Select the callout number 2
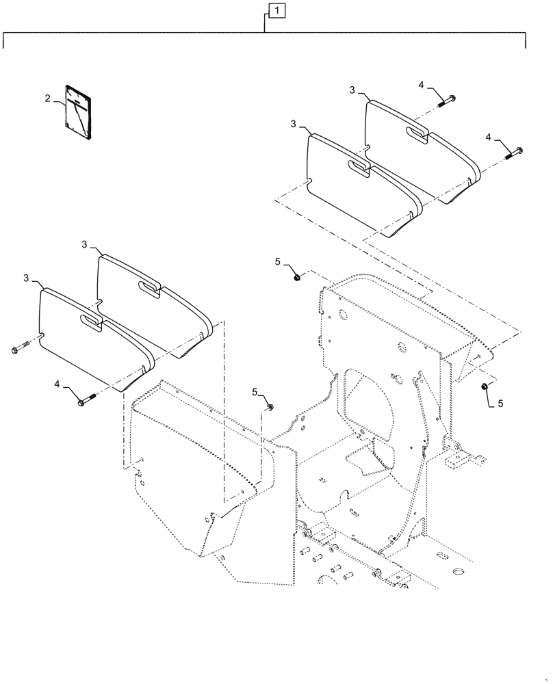[48, 99]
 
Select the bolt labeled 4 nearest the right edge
[514, 152]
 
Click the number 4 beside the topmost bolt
[422, 85]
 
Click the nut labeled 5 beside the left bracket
[271, 408]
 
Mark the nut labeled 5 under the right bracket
[485, 388]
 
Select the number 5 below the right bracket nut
[500, 404]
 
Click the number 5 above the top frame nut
[278, 261]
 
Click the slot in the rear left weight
[148, 286]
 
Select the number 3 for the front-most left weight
[27, 279]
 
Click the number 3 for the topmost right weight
[352, 90]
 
